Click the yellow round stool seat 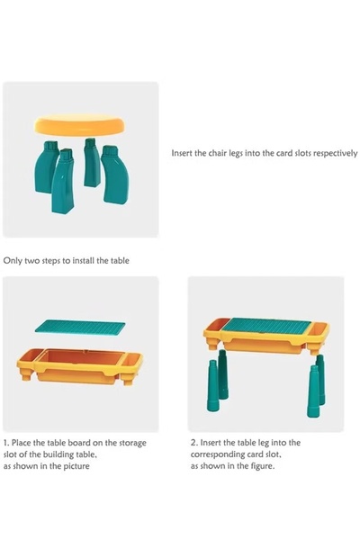[x=80, y=125]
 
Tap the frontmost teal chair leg [x=63, y=182]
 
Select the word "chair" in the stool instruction [x=219, y=153]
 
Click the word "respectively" [x=335, y=154]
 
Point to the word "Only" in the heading [x=13, y=261]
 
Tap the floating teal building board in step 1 [x=80, y=328]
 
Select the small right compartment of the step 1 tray [x=132, y=359]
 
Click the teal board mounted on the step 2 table [x=266, y=327]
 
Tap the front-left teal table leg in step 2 [x=212, y=386]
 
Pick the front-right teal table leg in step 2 [x=313, y=391]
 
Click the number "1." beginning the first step [x=6, y=443]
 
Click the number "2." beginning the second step [x=194, y=443]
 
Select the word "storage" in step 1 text [x=132, y=443]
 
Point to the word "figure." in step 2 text [x=262, y=466]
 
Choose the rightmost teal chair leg [x=116, y=175]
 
